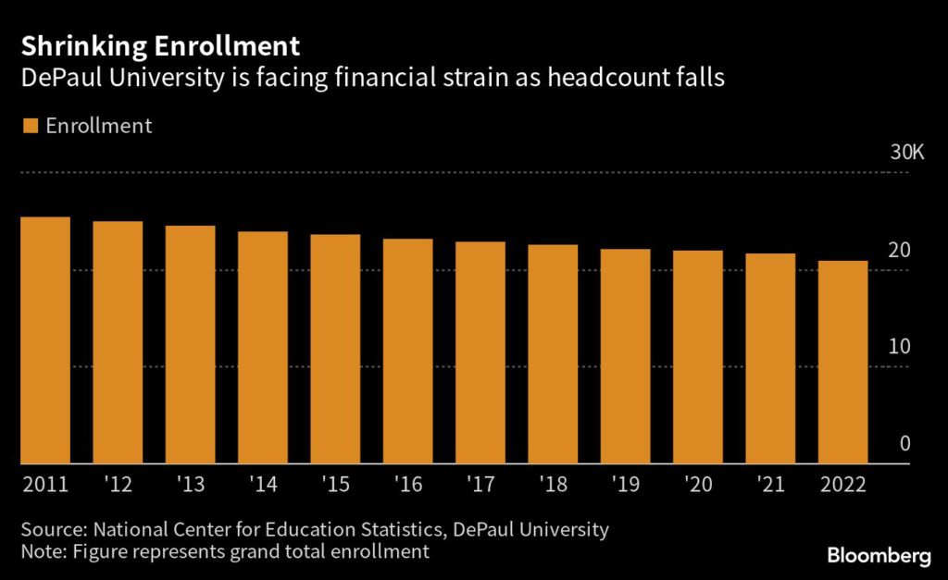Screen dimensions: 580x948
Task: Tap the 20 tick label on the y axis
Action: [900, 250]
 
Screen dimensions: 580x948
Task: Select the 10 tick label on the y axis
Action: [900, 347]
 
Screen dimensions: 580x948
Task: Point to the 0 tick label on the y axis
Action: [905, 444]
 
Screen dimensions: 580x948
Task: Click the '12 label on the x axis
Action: [118, 486]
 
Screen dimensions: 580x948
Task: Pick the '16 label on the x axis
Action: [407, 486]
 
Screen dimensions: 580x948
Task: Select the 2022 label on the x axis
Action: [842, 486]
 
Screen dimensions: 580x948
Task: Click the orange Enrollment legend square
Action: [30, 126]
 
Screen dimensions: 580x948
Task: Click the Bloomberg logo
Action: [879, 555]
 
